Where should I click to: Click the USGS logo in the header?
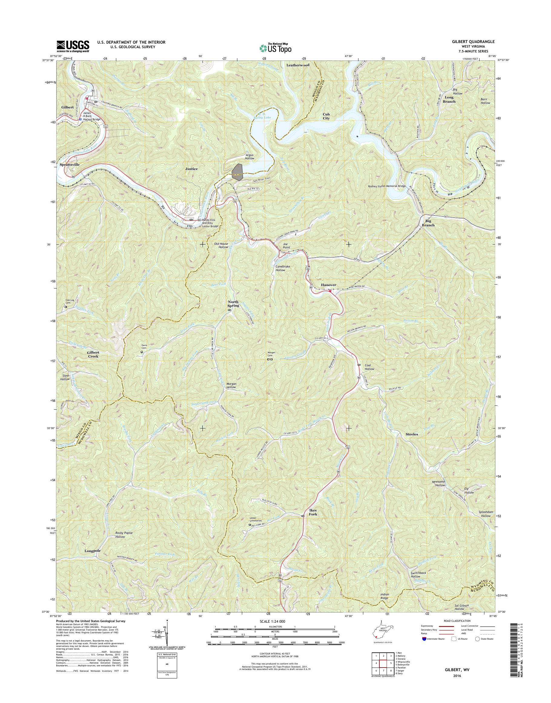pos(73,46)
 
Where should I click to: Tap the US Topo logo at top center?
pos(275,48)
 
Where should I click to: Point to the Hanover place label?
pos(328,285)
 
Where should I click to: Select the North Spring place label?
pos(233,304)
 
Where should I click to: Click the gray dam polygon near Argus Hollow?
pos(237,171)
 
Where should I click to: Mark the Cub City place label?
pos(326,116)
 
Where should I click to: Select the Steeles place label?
pos(411,434)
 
